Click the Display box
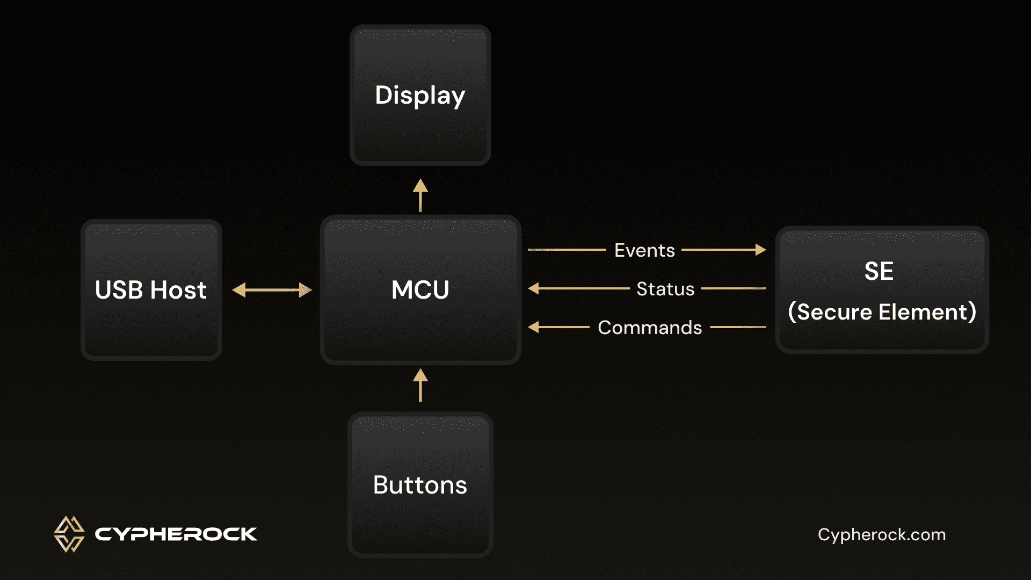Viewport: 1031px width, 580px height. click(420, 96)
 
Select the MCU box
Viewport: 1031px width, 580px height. click(420, 290)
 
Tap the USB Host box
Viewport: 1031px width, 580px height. click(151, 290)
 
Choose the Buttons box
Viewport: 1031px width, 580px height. click(420, 484)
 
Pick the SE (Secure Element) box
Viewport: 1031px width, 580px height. click(882, 290)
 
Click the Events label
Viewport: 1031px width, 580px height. click(644, 250)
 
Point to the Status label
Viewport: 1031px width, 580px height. click(665, 289)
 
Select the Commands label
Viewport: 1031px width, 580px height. click(650, 328)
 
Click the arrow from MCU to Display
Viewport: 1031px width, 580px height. click(420, 195)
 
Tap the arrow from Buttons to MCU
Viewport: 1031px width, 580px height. click(420, 385)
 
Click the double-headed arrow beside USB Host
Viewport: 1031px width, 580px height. click(272, 290)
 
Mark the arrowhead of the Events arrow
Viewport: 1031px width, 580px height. click(760, 250)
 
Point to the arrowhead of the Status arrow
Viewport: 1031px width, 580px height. click(534, 288)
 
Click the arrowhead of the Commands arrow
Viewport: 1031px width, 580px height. click(534, 327)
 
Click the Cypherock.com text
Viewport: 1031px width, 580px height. click(881, 535)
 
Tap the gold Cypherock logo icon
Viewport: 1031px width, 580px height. click(69, 534)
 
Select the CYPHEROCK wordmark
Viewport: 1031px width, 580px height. click(176, 534)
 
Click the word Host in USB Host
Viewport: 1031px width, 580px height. click(178, 290)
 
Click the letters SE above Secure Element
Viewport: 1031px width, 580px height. click(878, 271)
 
